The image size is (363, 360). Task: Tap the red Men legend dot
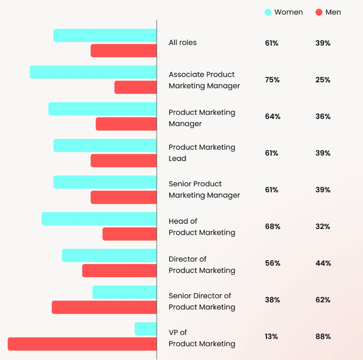[319, 12]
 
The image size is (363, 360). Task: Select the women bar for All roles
[105, 35]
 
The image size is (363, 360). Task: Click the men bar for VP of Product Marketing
[82, 344]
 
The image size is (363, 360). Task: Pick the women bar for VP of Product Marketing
[146, 329]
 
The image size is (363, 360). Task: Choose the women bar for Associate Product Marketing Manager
[93, 72]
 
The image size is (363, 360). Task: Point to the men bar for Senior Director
[104, 307]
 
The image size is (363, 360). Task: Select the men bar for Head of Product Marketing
[129, 234]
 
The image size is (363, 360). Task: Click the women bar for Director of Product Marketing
[109, 255]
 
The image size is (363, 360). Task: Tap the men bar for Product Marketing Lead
[123, 160]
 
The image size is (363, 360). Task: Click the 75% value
[272, 80]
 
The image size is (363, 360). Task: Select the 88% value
[323, 336]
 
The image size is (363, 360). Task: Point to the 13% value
[272, 336]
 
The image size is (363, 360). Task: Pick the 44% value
[323, 263]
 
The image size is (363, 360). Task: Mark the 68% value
[272, 227]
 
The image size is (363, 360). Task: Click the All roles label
[182, 42]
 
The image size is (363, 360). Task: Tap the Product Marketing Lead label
[202, 153]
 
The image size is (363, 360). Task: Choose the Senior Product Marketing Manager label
[204, 189]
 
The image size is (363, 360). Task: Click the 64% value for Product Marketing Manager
[272, 116]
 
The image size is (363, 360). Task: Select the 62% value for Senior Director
[323, 300]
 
